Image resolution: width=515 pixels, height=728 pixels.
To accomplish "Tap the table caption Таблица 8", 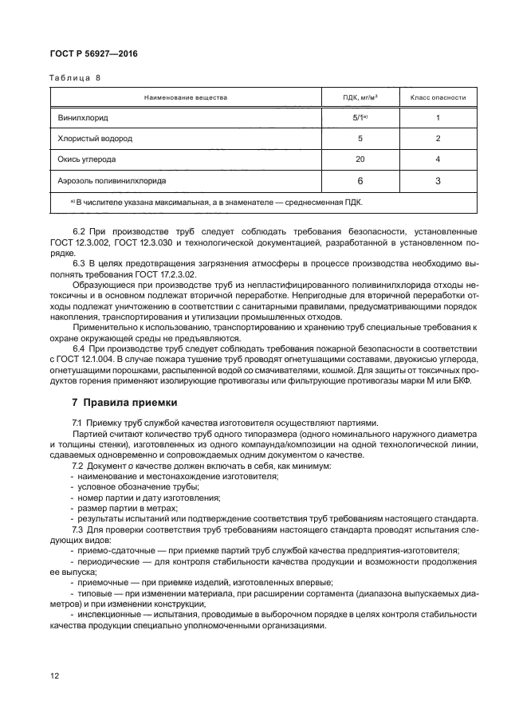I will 76,78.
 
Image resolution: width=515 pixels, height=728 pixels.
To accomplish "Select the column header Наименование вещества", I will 185,97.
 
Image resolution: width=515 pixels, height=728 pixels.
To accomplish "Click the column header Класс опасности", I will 438,97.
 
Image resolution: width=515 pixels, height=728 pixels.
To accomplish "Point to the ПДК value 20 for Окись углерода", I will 360,159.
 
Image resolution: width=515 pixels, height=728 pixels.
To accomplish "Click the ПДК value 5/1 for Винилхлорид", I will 360,117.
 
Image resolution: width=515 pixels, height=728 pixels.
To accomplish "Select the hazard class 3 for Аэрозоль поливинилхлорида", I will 438,181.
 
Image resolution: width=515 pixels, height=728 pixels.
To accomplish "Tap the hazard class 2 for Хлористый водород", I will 438,138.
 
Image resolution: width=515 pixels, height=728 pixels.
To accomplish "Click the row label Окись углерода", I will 86,159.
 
